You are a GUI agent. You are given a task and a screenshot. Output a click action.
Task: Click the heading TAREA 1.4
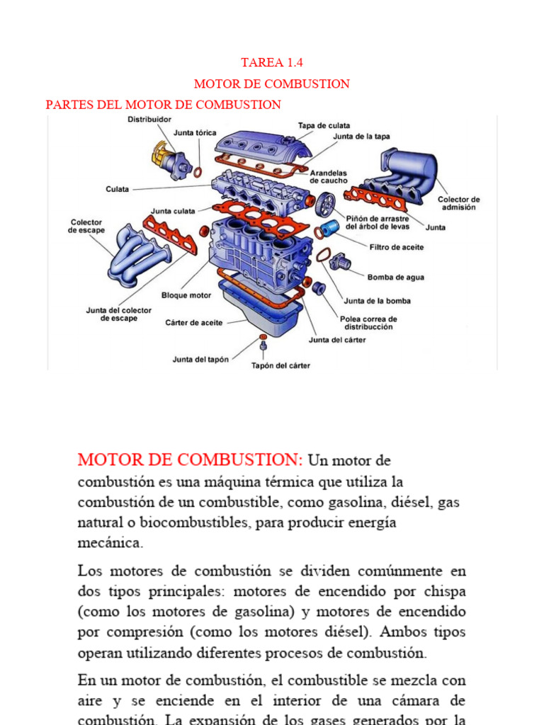pos(272,62)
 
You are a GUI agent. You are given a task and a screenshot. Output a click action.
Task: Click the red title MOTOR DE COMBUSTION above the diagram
pos(272,84)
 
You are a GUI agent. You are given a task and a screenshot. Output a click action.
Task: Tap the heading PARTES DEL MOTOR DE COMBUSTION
pos(164,105)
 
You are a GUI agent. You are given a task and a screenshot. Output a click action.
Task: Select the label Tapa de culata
pos(324,125)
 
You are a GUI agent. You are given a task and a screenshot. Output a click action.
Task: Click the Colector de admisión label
pos(458,203)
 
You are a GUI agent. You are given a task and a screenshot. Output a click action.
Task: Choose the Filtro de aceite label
pos(397,247)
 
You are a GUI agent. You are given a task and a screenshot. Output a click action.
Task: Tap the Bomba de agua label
pos(395,278)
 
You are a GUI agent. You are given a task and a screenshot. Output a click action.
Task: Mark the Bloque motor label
pos(186,295)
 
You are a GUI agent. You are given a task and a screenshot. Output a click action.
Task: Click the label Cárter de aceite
pos(193,323)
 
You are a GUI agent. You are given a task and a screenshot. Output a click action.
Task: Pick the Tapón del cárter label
pos(280,366)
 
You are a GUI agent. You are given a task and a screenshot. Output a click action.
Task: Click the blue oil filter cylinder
pos(329,230)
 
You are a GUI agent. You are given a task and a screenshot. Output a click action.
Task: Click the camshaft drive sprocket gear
pos(326,205)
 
